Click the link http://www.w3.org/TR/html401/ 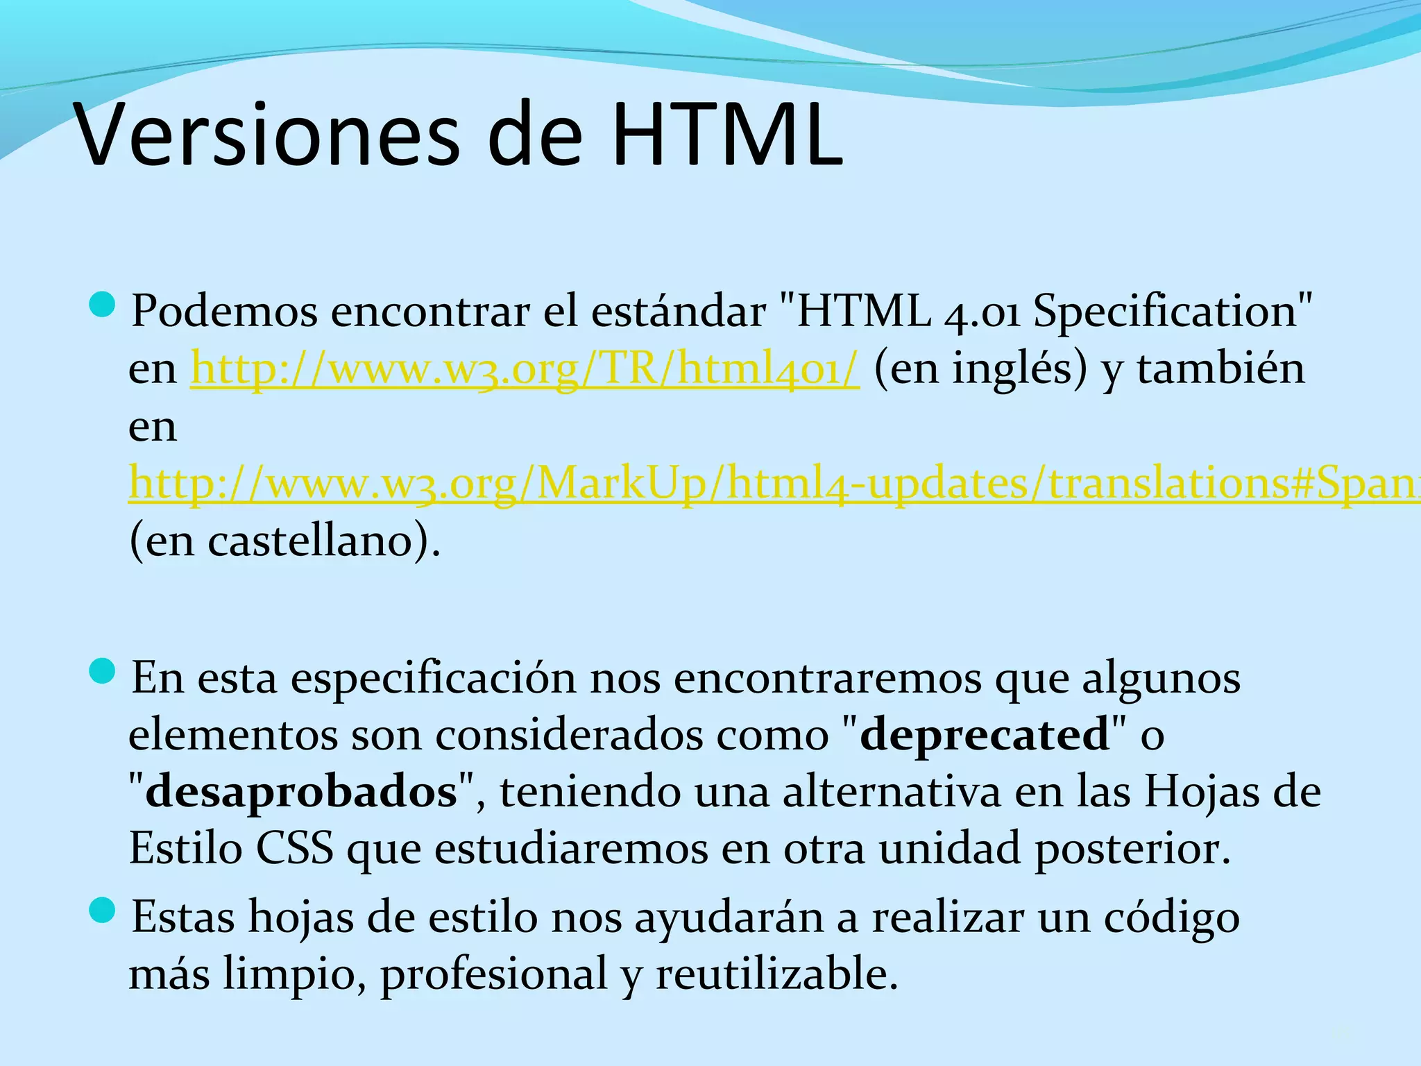(x=525, y=369)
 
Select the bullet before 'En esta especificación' (x=103, y=671)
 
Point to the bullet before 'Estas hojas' (x=103, y=911)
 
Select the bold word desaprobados (x=301, y=793)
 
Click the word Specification (x=1166, y=312)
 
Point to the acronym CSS (x=294, y=849)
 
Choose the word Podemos (x=224, y=311)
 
